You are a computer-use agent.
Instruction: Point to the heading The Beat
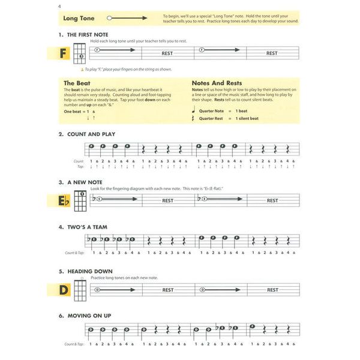point(77,83)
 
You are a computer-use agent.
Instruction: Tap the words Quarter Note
point(210,111)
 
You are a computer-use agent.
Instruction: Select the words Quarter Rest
point(210,119)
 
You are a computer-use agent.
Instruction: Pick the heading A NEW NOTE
point(85,182)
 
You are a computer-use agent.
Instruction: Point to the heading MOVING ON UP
point(89,316)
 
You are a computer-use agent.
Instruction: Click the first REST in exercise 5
point(168,290)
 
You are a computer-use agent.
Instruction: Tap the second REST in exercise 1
point(272,53)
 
